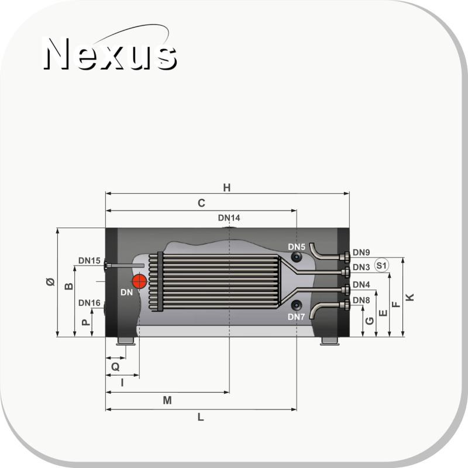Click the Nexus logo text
tap(111, 54)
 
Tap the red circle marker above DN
tap(139, 281)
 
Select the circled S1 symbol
tap(382, 266)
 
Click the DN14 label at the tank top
tap(229, 218)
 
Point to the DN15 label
tap(90, 260)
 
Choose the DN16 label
tap(90, 303)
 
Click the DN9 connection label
tap(361, 253)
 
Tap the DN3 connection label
tap(361, 267)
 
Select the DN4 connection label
tap(361, 285)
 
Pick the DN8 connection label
tap(361, 300)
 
